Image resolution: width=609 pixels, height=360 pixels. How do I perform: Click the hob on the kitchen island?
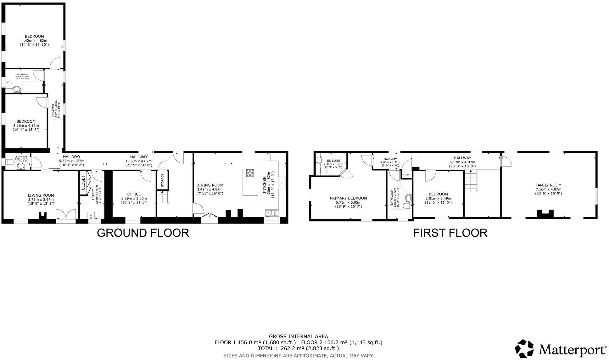coord(250,173)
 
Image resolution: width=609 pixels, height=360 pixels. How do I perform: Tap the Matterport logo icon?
coord(524,349)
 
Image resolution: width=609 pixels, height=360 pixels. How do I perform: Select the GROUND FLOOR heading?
coord(143,233)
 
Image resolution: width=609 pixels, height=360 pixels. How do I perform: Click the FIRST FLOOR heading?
coord(450,233)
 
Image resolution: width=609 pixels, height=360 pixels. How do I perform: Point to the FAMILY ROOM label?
coord(548,185)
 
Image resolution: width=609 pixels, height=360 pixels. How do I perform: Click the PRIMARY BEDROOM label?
coord(348,198)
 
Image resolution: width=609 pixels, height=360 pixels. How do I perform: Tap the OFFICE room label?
coord(134,194)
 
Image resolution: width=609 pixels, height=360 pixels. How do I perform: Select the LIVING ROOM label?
coord(41,195)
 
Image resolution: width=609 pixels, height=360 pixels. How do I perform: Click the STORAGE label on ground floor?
coord(163,180)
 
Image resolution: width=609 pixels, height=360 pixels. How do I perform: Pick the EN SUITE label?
coord(333,161)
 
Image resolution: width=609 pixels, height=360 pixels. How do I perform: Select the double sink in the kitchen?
coord(272,213)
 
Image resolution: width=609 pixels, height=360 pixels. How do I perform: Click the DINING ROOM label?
coord(210,185)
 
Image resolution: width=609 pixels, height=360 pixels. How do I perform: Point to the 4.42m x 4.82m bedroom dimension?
coord(34,41)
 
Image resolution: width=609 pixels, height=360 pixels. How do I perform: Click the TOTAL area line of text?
coord(298,348)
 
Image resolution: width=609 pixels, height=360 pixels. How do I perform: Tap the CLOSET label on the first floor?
coord(407,174)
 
